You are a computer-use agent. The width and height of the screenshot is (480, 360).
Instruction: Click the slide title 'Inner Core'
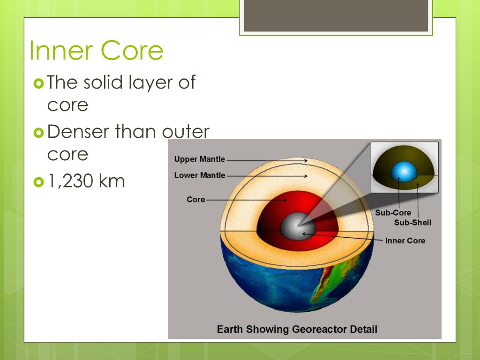coord(96,51)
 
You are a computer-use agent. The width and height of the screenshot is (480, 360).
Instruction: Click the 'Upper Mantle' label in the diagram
coord(199,159)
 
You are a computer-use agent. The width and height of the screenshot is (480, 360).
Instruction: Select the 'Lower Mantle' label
coord(199,176)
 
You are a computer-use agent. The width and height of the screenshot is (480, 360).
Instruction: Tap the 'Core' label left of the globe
coord(196,200)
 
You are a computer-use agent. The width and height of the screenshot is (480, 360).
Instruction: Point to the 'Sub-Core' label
coord(393,213)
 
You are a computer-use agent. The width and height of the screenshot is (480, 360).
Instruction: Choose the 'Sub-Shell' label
coord(412,222)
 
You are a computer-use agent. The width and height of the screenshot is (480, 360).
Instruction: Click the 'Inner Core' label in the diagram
coord(405,241)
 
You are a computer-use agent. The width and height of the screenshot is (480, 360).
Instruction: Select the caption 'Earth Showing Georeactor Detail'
coord(297,329)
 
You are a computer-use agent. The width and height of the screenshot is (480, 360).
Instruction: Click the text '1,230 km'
coord(86,180)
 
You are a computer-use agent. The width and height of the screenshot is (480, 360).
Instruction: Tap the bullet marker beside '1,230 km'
coord(38,181)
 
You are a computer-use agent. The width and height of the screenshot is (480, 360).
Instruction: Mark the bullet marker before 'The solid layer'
coord(38,83)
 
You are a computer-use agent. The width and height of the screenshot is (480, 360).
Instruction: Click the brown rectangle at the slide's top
coord(336,16)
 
